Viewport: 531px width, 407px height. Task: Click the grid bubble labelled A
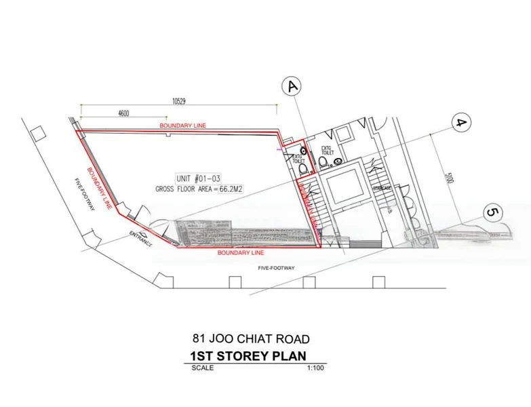click(292, 87)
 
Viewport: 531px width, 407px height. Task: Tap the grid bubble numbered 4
click(462, 123)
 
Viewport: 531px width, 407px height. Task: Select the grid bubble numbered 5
click(494, 213)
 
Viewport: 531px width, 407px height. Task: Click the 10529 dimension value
click(179, 101)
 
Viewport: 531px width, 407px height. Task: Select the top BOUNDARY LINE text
click(183, 126)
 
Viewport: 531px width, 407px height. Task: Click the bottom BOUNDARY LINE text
click(241, 252)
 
